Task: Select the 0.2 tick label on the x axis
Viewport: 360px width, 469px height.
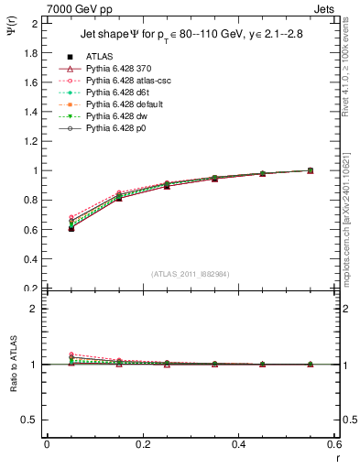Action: [142, 443]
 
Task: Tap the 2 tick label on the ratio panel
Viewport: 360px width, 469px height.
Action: [33, 309]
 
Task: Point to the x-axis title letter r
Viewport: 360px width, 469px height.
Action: [337, 457]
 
